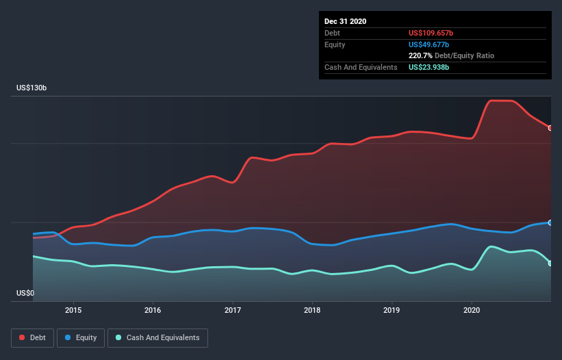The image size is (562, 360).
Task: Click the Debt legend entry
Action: coord(32,337)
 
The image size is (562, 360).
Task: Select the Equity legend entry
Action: coord(81,337)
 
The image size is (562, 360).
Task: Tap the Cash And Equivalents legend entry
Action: coord(157,337)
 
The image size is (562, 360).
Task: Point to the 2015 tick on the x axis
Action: coord(73,310)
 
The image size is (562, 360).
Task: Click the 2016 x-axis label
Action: coord(153,310)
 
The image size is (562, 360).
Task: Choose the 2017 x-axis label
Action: coord(233,310)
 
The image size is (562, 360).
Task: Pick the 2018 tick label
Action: coord(312,310)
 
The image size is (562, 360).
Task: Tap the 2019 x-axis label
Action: coord(392,310)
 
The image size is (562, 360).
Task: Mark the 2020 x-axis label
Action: coord(472,310)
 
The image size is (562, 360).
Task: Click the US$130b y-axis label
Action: coord(31,88)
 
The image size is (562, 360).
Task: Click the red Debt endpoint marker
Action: coord(550,128)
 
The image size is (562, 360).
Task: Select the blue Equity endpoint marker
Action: coord(550,222)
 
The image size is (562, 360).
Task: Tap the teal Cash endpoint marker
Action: coord(550,263)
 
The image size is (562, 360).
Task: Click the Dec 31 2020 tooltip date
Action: coord(345,21)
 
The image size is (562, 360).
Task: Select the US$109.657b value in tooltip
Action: coord(431,33)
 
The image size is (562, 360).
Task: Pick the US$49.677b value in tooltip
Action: coord(429,44)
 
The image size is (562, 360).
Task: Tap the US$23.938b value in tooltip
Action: coord(429,67)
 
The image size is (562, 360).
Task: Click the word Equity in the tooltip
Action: coord(335,44)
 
